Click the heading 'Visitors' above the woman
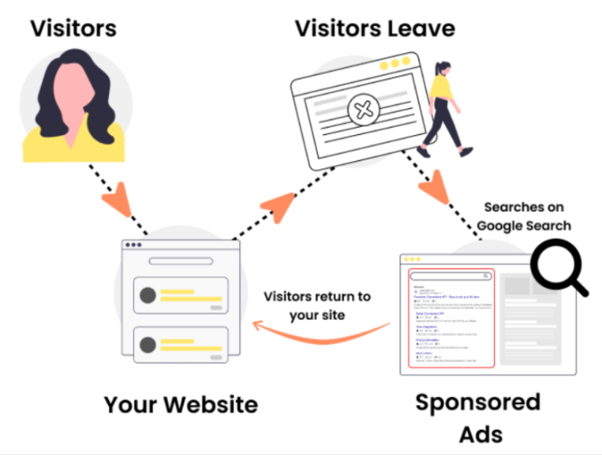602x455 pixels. pos(73,29)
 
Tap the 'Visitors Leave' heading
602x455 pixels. pos(375,29)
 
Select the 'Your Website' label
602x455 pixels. pos(181,404)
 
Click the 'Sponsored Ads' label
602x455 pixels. pos(478,417)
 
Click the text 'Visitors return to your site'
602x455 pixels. pos(317,305)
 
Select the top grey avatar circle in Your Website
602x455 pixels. pos(148,295)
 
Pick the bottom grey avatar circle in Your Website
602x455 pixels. pos(148,345)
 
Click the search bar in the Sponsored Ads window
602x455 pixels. pos(450,276)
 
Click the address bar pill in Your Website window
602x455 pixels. pos(180,260)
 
